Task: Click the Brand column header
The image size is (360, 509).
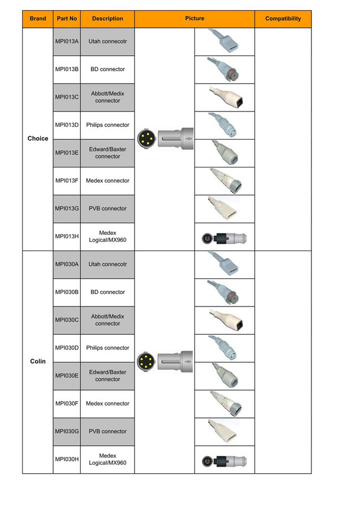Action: [x=38, y=19]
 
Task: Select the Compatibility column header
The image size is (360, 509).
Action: [x=283, y=19]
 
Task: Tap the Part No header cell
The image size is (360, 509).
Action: [x=67, y=19]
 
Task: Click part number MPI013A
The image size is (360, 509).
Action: [x=67, y=41]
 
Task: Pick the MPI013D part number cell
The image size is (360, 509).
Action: [x=67, y=125]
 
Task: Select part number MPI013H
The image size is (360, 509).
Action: [x=67, y=236]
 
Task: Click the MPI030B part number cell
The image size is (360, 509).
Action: [x=67, y=292]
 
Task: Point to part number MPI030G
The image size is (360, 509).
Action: [x=67, y=432]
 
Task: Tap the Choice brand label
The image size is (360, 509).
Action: [x=38, y=139]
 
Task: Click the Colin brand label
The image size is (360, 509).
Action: [x=38, y=361]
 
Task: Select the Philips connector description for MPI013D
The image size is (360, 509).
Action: [x=108, y=125]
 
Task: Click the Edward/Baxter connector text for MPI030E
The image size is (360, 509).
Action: [x=108, y=376]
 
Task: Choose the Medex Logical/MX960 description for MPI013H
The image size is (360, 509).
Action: [x=108, y=236]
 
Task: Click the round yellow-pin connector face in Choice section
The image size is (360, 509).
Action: [x=146, y=139]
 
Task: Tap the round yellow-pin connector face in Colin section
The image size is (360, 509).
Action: [x=146, y=361]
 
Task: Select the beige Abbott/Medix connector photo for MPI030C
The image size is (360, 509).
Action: [x=227, y=320]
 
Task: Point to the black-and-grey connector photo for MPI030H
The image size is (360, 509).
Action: [x=224, y=461]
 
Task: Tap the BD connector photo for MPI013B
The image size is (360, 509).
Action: [x=223, y=69]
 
